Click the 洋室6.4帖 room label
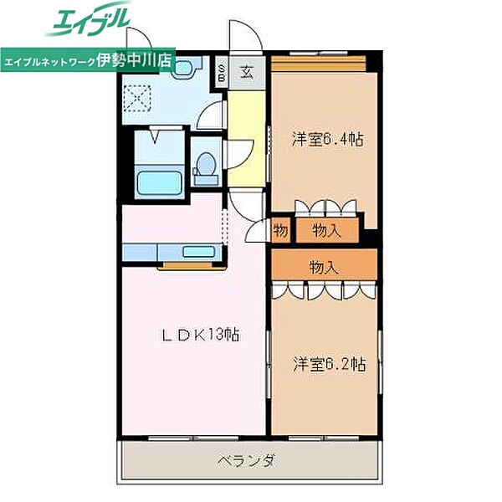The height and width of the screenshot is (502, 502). pos(327,140)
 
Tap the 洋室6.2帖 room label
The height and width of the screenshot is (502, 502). pos(329,364)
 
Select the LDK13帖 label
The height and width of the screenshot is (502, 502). pos(201,335)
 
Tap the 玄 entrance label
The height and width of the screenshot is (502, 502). pos(248,70)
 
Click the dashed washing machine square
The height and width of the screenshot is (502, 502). pos(136,98)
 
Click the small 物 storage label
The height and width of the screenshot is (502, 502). pos(280,230)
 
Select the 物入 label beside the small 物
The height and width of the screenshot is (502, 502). pos(326,230)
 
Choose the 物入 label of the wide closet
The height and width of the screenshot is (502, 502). pos(323,268)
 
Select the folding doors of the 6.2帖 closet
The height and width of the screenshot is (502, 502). pos(324,290)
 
